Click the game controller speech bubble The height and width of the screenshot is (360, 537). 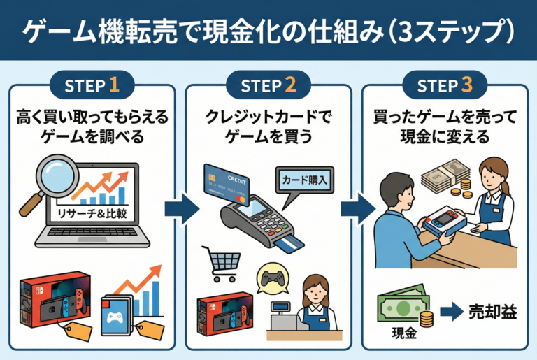click(273, 278)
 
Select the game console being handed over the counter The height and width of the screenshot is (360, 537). click(445, 219)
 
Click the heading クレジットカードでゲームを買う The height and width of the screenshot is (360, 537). click(268, 126)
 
